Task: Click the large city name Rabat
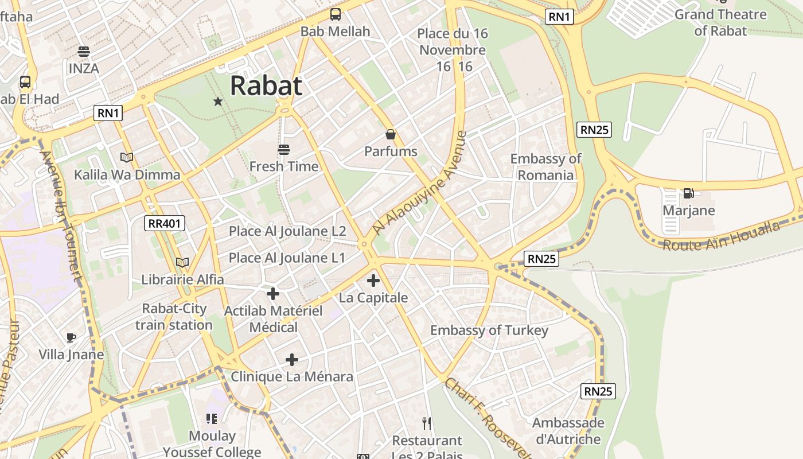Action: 266,86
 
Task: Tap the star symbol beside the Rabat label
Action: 218,102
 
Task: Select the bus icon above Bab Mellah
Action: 336,15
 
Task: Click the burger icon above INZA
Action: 84,52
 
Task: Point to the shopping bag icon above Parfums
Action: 391,135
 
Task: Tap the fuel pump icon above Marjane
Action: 688,193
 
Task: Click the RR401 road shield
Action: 165,223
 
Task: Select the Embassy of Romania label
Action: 545,167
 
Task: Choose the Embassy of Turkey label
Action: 489,330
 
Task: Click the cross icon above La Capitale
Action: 373,281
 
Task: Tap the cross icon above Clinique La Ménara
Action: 292,360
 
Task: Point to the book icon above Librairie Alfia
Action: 182,262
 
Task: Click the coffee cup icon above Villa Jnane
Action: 71,337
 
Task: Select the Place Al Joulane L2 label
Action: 287,231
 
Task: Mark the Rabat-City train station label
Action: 174,317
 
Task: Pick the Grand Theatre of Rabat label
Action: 720,22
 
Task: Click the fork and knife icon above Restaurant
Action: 427,423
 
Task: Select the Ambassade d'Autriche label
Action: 568,431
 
